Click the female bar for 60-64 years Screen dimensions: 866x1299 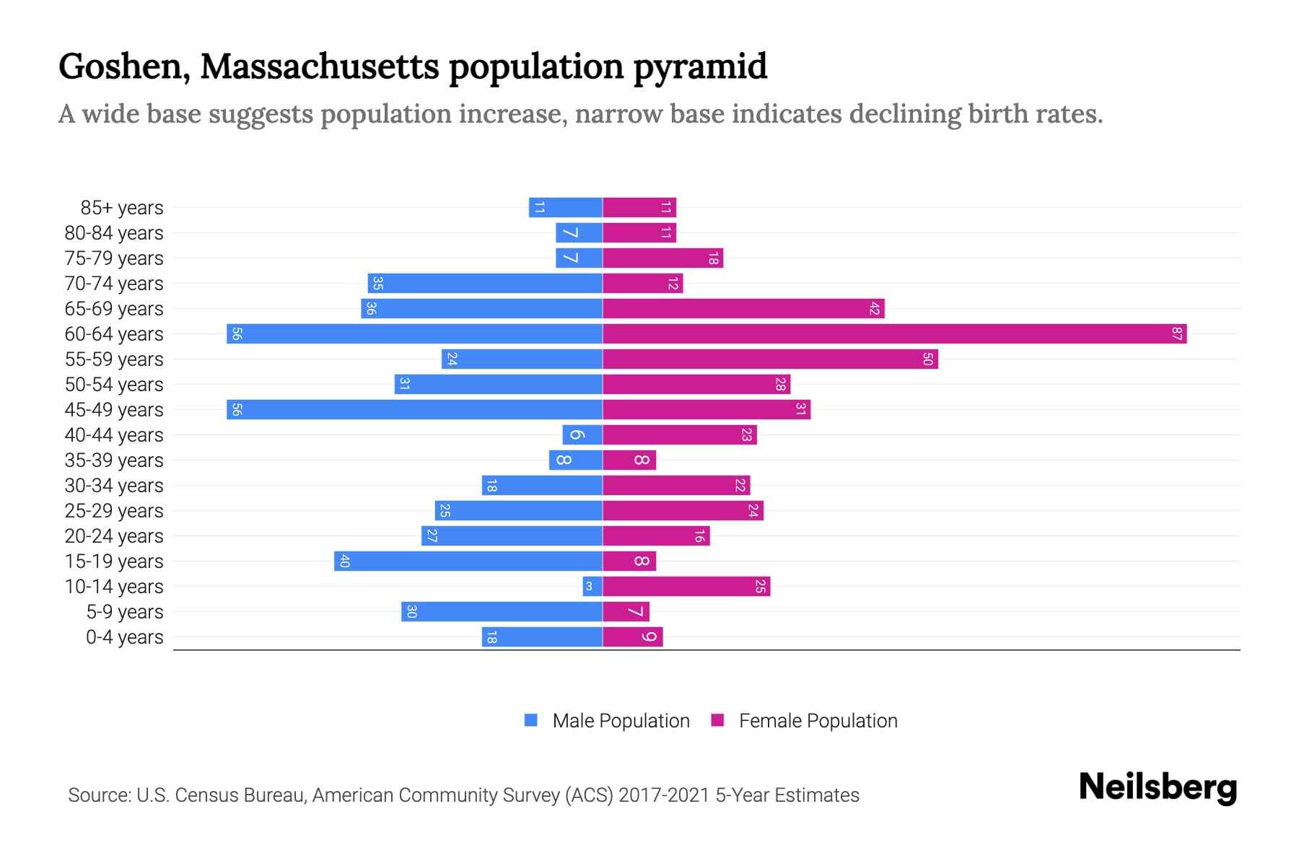(895, 334)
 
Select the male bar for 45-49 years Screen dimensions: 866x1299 (415, 410)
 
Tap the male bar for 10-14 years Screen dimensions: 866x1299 (592, 587)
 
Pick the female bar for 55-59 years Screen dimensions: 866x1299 (770, 359)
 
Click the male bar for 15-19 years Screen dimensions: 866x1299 (468, 561)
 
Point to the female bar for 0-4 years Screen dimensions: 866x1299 (632, 637)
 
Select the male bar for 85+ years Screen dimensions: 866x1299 (566, 208)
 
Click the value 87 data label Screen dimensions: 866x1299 (1177, 334)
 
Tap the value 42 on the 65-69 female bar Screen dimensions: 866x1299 (875, 309)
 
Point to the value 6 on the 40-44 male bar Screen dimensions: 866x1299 (577, 435)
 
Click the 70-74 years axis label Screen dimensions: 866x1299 (114, 284)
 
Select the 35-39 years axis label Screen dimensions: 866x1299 (114, 460)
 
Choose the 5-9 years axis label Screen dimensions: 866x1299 (125, 612)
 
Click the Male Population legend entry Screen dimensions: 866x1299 (621, 721)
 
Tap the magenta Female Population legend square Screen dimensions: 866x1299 (717, 720)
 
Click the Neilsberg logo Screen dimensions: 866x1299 (1158, 787)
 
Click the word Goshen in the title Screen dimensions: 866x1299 (123, 66)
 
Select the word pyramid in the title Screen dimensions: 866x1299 (700, 66)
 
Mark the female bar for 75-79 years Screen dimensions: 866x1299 (662, 258)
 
